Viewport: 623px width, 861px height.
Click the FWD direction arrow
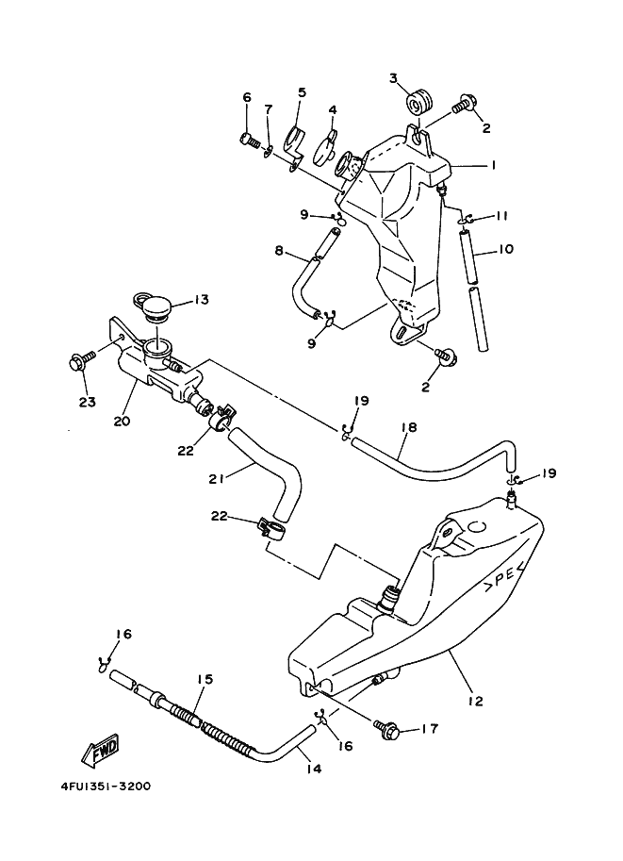point(101,750)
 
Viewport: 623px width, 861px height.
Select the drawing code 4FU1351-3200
point(106,786)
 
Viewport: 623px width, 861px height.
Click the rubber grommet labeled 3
point(420,102)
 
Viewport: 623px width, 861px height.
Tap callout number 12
point(475,702)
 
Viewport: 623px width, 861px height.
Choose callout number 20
point(122,422)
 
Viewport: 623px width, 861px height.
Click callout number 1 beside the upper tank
point(493,165)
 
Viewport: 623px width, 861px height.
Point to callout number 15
point(205,679)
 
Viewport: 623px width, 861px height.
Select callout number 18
point(409,427)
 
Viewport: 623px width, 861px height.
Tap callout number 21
point(217,479)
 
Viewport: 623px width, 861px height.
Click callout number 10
point(505,249)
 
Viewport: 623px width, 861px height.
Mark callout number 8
point(279,251)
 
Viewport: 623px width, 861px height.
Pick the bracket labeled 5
point(296,146)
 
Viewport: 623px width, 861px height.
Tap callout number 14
point(314,769)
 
